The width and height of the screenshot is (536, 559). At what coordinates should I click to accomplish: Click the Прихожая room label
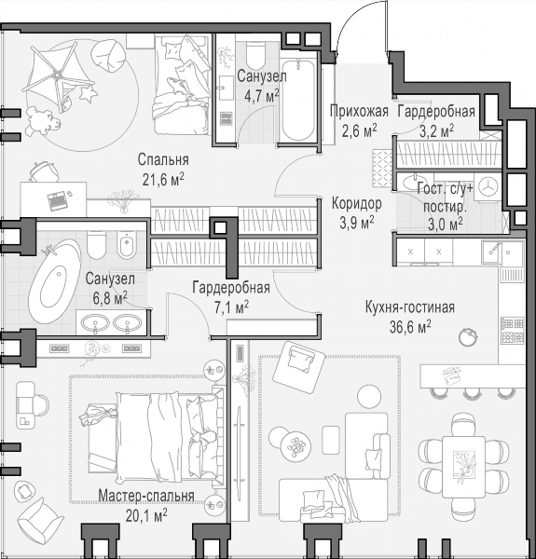359,111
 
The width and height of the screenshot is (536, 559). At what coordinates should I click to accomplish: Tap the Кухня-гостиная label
410,307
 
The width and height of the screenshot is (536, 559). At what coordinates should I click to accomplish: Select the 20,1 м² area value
146,514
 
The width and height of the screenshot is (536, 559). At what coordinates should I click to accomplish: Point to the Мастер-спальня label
146,496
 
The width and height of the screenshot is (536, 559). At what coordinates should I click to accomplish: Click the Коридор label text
357,203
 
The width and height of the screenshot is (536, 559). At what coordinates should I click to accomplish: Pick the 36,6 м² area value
410,326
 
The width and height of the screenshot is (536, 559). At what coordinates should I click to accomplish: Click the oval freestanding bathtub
54,281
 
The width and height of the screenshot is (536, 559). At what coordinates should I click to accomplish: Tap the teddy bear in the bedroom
42,120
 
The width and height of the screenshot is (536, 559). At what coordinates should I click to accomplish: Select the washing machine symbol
488,186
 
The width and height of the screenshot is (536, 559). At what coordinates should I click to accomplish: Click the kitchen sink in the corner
502,253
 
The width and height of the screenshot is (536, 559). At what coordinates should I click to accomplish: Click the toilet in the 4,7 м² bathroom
255,55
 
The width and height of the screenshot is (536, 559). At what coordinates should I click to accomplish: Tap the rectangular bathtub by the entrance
297,101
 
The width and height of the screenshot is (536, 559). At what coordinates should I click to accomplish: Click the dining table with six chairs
463,467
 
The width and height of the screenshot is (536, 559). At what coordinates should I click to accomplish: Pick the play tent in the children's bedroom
59,76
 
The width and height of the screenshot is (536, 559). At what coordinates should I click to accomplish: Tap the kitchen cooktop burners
512,330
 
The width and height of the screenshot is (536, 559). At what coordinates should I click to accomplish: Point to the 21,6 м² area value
163,181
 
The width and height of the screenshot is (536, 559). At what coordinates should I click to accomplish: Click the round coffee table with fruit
295,444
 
